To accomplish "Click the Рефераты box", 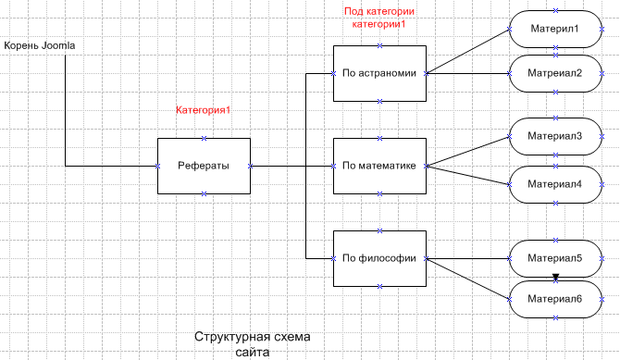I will pyautogui.click(x=204, y=166).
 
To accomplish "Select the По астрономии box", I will pyautogui.click(x=379, y=73).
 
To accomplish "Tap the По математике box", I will pyautogui.click(x=379, y=166).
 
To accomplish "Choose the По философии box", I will pyautogui.click(x=379, y=258).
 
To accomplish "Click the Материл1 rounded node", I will pyautogui.click(x=555, y=29).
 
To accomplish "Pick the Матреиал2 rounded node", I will pyautogui.click(x=555, y=73).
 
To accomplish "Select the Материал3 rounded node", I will pyautogui.click(x=555, y=136).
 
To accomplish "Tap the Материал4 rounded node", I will pyautogui.click(x=555, y=183).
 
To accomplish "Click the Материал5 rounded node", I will pyautogui.click(x=555, y=258).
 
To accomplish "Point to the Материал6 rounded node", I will pyautogui.click(x=555, y=298).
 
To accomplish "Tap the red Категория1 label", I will pyautogui.click(x=203, y=110).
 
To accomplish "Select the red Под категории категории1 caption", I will pyautogui.click(x=378, y=18).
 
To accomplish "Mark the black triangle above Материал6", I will pyautogui.click(x=555, y=278).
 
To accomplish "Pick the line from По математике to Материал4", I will pyautogui.click(x=467, y=175).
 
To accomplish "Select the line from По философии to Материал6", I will pyautogui.click(x=467, y=278).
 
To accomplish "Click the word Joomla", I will pyautogui.click(x=57, y=45).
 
